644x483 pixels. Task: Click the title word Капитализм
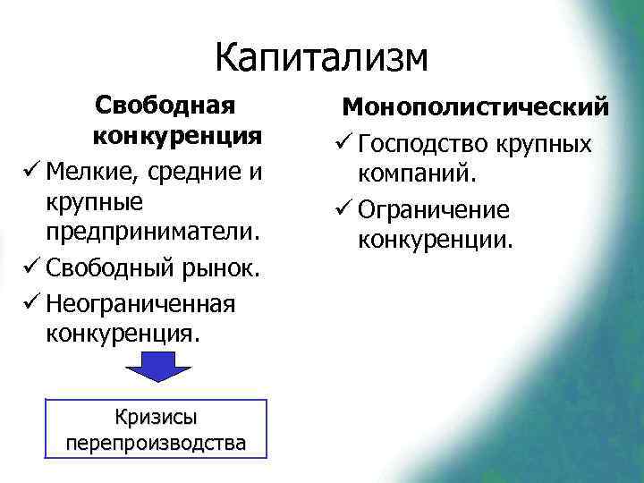coord(322,57)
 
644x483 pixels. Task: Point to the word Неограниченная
coord(139,302)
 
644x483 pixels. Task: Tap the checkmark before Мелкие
coord(29,169)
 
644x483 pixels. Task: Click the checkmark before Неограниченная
coord(29,302)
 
